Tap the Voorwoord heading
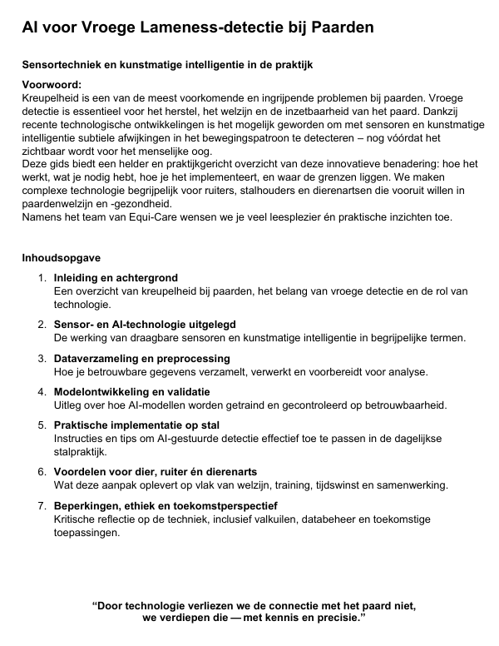[x=52, y=86]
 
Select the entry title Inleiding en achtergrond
[x=116, y=278]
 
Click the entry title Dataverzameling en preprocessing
[x=136, y=357]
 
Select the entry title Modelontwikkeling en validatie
[x=131, y=391]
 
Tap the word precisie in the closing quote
[x=334, y=620]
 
